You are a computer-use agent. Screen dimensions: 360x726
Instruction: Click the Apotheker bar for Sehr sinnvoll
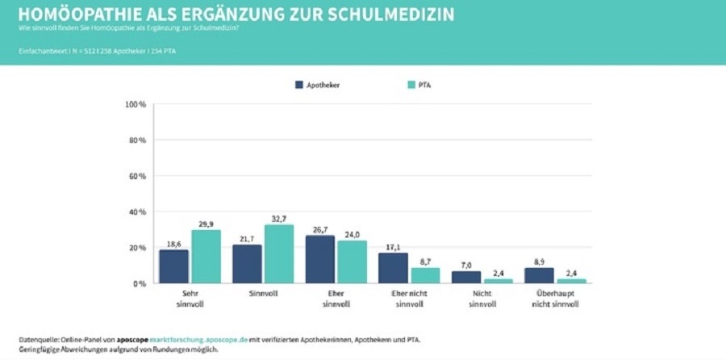pyautogui.click(x=173, y=266)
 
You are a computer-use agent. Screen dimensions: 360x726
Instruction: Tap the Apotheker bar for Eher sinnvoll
pyautogui.click(x=320, y=259)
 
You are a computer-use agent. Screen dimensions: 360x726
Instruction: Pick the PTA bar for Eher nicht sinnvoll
pyautogui.click(x=425, y=275)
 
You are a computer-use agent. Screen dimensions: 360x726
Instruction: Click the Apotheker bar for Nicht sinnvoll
pyautogui.click(x=466, y=277)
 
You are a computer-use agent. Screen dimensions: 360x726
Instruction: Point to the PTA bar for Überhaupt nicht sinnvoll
pyautogui.click(x=572, y=281)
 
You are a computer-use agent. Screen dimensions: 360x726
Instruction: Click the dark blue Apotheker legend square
pyautogui.click(x=299, y=85)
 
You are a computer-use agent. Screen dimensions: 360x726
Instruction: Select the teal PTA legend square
pyautogui.click(x=411, y=85)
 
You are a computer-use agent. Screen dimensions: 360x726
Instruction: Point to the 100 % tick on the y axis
pyautogui.click(x=136, y=105)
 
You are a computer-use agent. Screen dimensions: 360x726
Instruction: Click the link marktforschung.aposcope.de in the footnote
pyautogui.click(x=193, y=340)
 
